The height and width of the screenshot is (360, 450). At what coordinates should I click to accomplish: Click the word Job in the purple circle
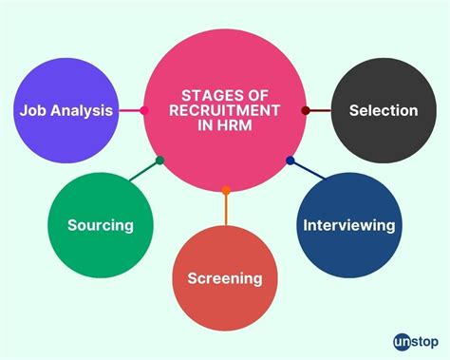[x=34, y=110]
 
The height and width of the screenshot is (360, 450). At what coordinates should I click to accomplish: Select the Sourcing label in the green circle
[x=100, y=225]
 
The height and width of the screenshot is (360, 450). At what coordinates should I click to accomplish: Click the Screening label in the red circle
[x=225, y=278]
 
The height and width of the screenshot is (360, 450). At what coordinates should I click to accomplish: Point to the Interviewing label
[x=348, y=225]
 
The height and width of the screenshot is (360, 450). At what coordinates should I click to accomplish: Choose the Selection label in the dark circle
[x=383, y=110]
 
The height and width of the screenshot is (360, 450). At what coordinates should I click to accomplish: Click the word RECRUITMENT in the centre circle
[x=225, y=110]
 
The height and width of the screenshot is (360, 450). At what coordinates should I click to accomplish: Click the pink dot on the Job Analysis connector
[x=144, y=110]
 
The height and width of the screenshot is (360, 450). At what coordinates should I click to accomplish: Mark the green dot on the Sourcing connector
[x=159, y=161]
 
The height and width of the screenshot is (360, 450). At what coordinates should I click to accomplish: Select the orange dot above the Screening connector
[x=226, y=191]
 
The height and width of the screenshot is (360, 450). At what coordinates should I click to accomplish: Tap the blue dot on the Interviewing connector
[x=291, y=161]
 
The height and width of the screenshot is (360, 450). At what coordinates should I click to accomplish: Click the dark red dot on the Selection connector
[x=306, y=110]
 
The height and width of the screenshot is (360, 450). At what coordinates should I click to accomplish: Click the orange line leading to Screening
[x=226, y=209]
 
